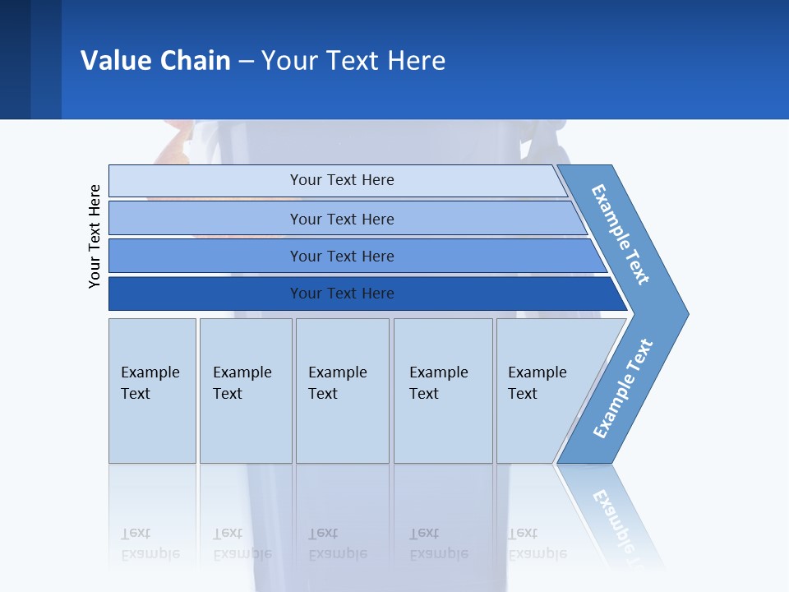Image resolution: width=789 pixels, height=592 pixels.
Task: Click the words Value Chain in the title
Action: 155,60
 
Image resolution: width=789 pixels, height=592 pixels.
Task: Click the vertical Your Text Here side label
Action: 95,236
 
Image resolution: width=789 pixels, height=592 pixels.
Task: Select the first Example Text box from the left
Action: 152,391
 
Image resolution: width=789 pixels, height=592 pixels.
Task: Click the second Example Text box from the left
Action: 246,391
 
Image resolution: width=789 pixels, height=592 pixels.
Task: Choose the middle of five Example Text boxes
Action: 342,391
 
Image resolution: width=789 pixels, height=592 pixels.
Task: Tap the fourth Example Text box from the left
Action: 443,391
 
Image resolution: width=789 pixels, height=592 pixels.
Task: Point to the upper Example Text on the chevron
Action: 621,234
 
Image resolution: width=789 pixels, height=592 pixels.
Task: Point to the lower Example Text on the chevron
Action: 623,388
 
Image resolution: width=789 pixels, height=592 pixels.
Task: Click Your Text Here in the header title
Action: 353,60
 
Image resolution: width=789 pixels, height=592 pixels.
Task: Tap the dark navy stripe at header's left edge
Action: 15,59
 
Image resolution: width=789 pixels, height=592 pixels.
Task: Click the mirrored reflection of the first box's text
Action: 150,543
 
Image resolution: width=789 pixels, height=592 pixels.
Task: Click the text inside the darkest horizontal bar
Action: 342,294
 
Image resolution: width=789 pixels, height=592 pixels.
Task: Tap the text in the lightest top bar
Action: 342,180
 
